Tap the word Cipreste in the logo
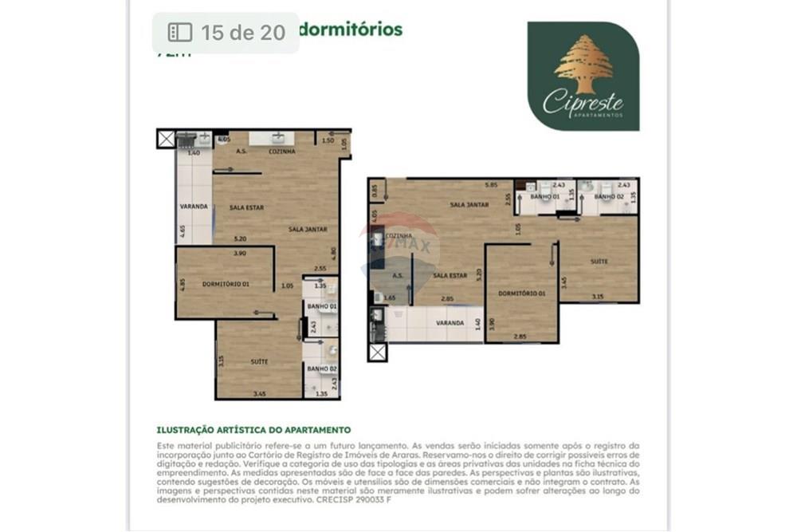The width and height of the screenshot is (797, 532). point(583,103)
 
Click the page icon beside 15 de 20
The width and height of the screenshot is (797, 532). point(180,32)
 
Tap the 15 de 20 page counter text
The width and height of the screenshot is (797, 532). point(242,32)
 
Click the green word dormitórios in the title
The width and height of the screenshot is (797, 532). point(351,30)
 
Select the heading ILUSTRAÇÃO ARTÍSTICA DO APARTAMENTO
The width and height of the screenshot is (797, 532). point(253,430)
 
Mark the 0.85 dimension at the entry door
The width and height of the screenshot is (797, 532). point(375,191)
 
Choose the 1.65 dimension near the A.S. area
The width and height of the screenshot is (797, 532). point(390,298)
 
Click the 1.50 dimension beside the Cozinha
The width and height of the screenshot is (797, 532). point(328,140)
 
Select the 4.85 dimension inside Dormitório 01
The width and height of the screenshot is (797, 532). point(183,284)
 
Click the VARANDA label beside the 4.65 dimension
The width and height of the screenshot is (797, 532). point(194,207)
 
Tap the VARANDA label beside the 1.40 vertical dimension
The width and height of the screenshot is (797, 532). point(450,323)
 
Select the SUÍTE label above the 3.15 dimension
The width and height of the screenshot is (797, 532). point(599,261)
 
